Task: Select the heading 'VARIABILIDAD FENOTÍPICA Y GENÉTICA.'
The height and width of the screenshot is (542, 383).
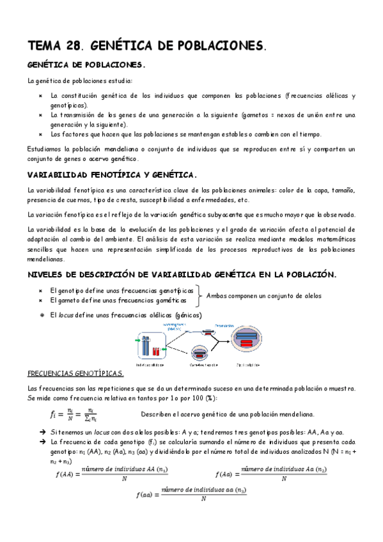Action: coord(113,174)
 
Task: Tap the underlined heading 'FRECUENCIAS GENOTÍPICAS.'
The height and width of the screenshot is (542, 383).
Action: coord(77,373)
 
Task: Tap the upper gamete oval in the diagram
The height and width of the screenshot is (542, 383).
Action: coord(210,332)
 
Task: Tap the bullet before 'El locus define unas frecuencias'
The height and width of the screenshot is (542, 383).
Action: coord(40,314)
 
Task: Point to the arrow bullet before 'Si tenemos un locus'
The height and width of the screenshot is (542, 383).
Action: coord(40,432)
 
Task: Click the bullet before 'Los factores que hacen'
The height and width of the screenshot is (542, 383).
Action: coord(40,134)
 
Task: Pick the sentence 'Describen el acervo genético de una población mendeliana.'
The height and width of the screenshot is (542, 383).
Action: coord(227,414)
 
